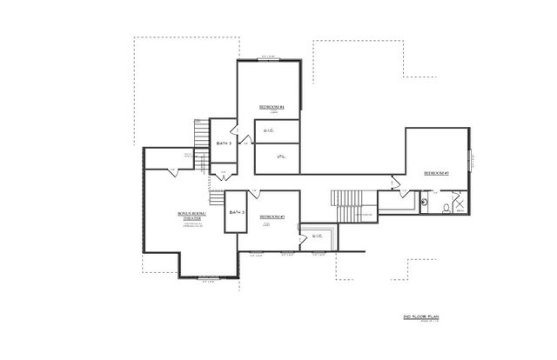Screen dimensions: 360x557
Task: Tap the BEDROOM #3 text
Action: point(272,217)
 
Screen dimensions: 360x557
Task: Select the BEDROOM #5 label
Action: point(436,174)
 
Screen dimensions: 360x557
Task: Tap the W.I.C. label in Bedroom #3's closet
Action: point(317,235)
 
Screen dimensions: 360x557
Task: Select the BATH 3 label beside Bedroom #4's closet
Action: point(224,143)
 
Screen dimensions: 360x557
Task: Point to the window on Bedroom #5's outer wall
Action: point(470,163)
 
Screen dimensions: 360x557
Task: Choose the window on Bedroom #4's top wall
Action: point(268,59)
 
